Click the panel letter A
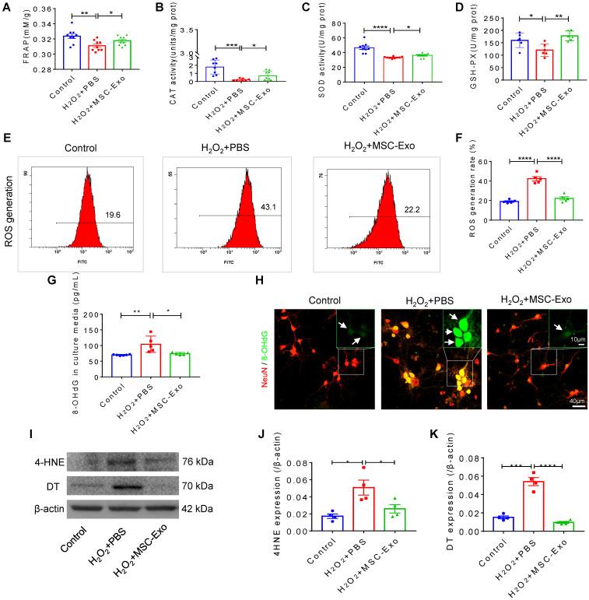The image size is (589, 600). coord(8,8)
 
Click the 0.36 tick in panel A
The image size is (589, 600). coord(26,10)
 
